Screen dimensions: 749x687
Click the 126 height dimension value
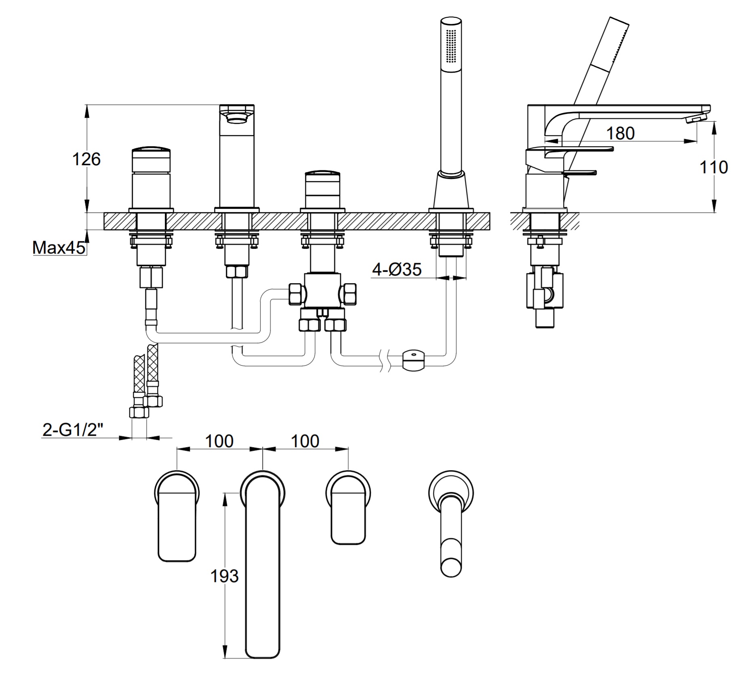86,159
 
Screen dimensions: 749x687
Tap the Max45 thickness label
59,248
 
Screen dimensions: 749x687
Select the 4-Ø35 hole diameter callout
397,269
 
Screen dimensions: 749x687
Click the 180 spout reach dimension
621,133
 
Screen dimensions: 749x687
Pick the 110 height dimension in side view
714,167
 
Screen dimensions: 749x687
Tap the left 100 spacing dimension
219,441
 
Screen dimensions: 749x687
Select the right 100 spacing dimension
305,441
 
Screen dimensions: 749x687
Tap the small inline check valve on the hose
413,360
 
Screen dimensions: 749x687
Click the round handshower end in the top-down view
451,565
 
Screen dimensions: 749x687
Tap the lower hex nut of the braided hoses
139,412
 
